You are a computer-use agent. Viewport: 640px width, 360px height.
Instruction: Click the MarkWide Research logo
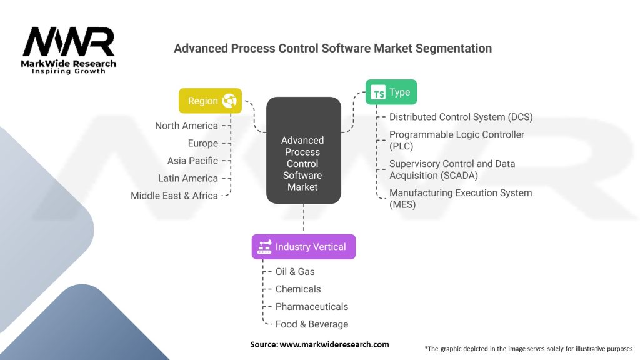tap(69, 50)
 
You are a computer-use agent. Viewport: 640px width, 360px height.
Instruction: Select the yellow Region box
tap(210, 101)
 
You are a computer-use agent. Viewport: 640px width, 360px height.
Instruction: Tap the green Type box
tap(391, 92)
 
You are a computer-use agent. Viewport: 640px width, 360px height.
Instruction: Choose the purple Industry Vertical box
tap(304, 247)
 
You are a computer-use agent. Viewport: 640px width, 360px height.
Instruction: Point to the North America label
tap(186, 126)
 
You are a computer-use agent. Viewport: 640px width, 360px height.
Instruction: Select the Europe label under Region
tap(202, 143)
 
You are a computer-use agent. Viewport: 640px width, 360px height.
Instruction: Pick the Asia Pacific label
tap(192, 161)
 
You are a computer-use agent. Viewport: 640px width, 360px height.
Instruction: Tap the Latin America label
tap(187, 178)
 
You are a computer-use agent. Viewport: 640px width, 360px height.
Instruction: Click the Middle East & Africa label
tap(174, 196)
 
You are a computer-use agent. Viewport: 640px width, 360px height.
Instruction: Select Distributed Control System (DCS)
tap(461, 117)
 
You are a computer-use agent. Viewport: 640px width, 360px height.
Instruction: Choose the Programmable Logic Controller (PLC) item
tap(456, 140)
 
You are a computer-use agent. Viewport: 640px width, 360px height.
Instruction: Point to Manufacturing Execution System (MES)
tap(460, 198)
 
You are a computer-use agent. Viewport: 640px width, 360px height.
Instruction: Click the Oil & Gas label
tap(295, 272)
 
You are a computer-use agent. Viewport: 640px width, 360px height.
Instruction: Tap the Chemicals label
tap(298, 289)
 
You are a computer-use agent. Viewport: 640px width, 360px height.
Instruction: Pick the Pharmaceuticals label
tap(312, 307)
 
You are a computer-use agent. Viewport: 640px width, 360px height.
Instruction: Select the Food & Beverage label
tap(312, 324)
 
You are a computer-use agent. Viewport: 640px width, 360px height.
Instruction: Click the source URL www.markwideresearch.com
tap(334, 344)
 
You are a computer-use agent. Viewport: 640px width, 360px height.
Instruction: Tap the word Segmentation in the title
tap(452, 48)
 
